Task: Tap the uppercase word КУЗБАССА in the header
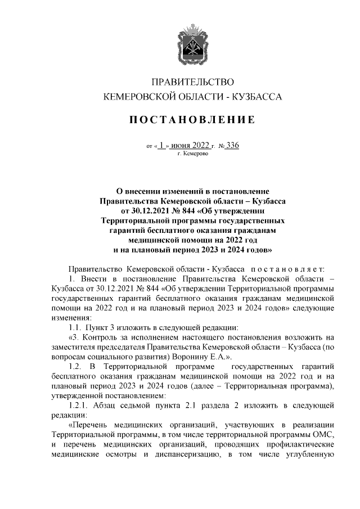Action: pyautogui.click(x=256, y=97)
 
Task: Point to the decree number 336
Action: pyautogui.click(x=232, y=145)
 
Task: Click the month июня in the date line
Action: pyautogui.click(x=182, y=146)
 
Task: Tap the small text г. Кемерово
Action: pyautogui.click(x=192, y=154)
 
